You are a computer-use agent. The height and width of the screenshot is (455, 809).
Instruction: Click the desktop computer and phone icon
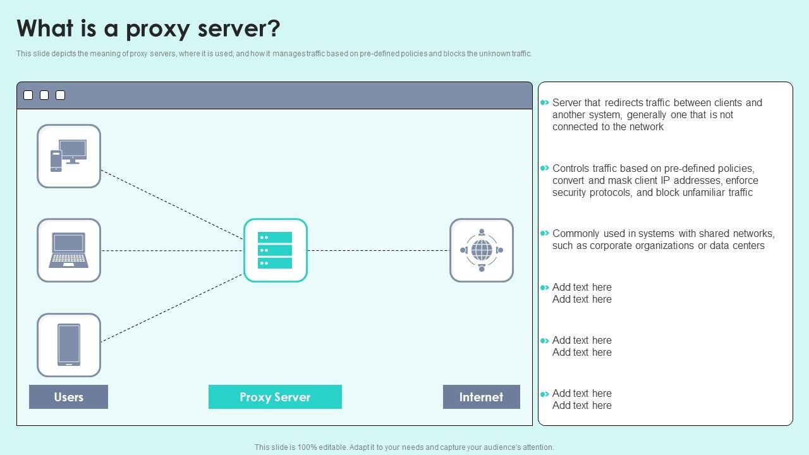tap(69, 156)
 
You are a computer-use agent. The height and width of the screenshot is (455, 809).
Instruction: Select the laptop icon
tap(69, 250)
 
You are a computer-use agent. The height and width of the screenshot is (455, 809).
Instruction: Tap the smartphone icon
tap(69, 345)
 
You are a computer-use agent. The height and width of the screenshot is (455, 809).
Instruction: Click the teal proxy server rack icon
tap(275, 250)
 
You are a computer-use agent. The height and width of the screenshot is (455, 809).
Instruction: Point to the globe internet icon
tap(482, 250)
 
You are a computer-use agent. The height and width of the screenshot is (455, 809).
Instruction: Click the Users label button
tap(68, 397)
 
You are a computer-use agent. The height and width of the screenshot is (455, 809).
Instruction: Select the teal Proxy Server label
tap(275, 397)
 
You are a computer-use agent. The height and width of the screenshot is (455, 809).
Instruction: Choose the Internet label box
tap(482, 397)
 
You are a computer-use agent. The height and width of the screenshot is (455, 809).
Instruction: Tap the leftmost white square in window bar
tap(28, 95)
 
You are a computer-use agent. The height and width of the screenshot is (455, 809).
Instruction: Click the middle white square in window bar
tap(44, 95)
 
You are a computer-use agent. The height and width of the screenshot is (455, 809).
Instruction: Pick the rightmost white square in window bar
tap(61, 95)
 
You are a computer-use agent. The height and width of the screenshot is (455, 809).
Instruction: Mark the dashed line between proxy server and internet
tap(378, 250)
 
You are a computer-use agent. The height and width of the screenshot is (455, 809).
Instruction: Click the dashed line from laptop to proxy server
tap(172, 250)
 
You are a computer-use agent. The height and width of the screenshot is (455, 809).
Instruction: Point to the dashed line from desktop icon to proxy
tap(172, 204)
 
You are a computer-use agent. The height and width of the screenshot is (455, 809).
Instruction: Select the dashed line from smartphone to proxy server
tap(172, 308)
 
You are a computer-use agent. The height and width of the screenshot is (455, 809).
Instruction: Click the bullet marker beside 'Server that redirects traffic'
tap(544, 102)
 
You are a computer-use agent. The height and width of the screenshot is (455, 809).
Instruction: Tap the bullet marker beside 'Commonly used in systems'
tap(544, 233)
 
